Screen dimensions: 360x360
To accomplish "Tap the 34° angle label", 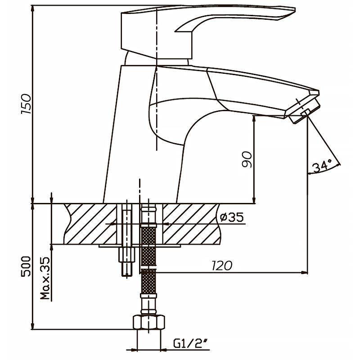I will tap(322, 166).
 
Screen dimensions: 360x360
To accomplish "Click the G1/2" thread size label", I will tap(191, 345).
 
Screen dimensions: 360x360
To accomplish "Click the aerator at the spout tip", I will tap(304, 110).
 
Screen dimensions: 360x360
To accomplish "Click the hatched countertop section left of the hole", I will tap(90, 224).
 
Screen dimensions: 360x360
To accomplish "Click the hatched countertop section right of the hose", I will tap(189, 224).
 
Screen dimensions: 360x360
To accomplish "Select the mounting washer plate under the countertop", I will tap(139, 246).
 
